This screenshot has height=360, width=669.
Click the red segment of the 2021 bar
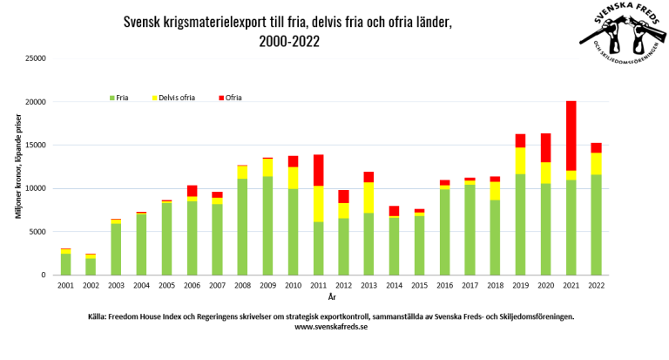(x=571, y=135)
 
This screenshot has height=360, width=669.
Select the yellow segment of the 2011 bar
(x=319, y=204)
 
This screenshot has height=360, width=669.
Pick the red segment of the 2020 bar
(x=546, y=148)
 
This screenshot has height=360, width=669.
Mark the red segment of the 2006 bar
(x=193, y=191)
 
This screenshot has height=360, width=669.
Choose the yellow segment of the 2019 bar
(x=520, y=160)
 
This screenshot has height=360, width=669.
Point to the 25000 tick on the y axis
(x=35, y=58)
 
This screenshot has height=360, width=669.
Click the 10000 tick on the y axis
(x=35, y=188)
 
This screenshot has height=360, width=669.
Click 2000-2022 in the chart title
(x=288, y=40)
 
